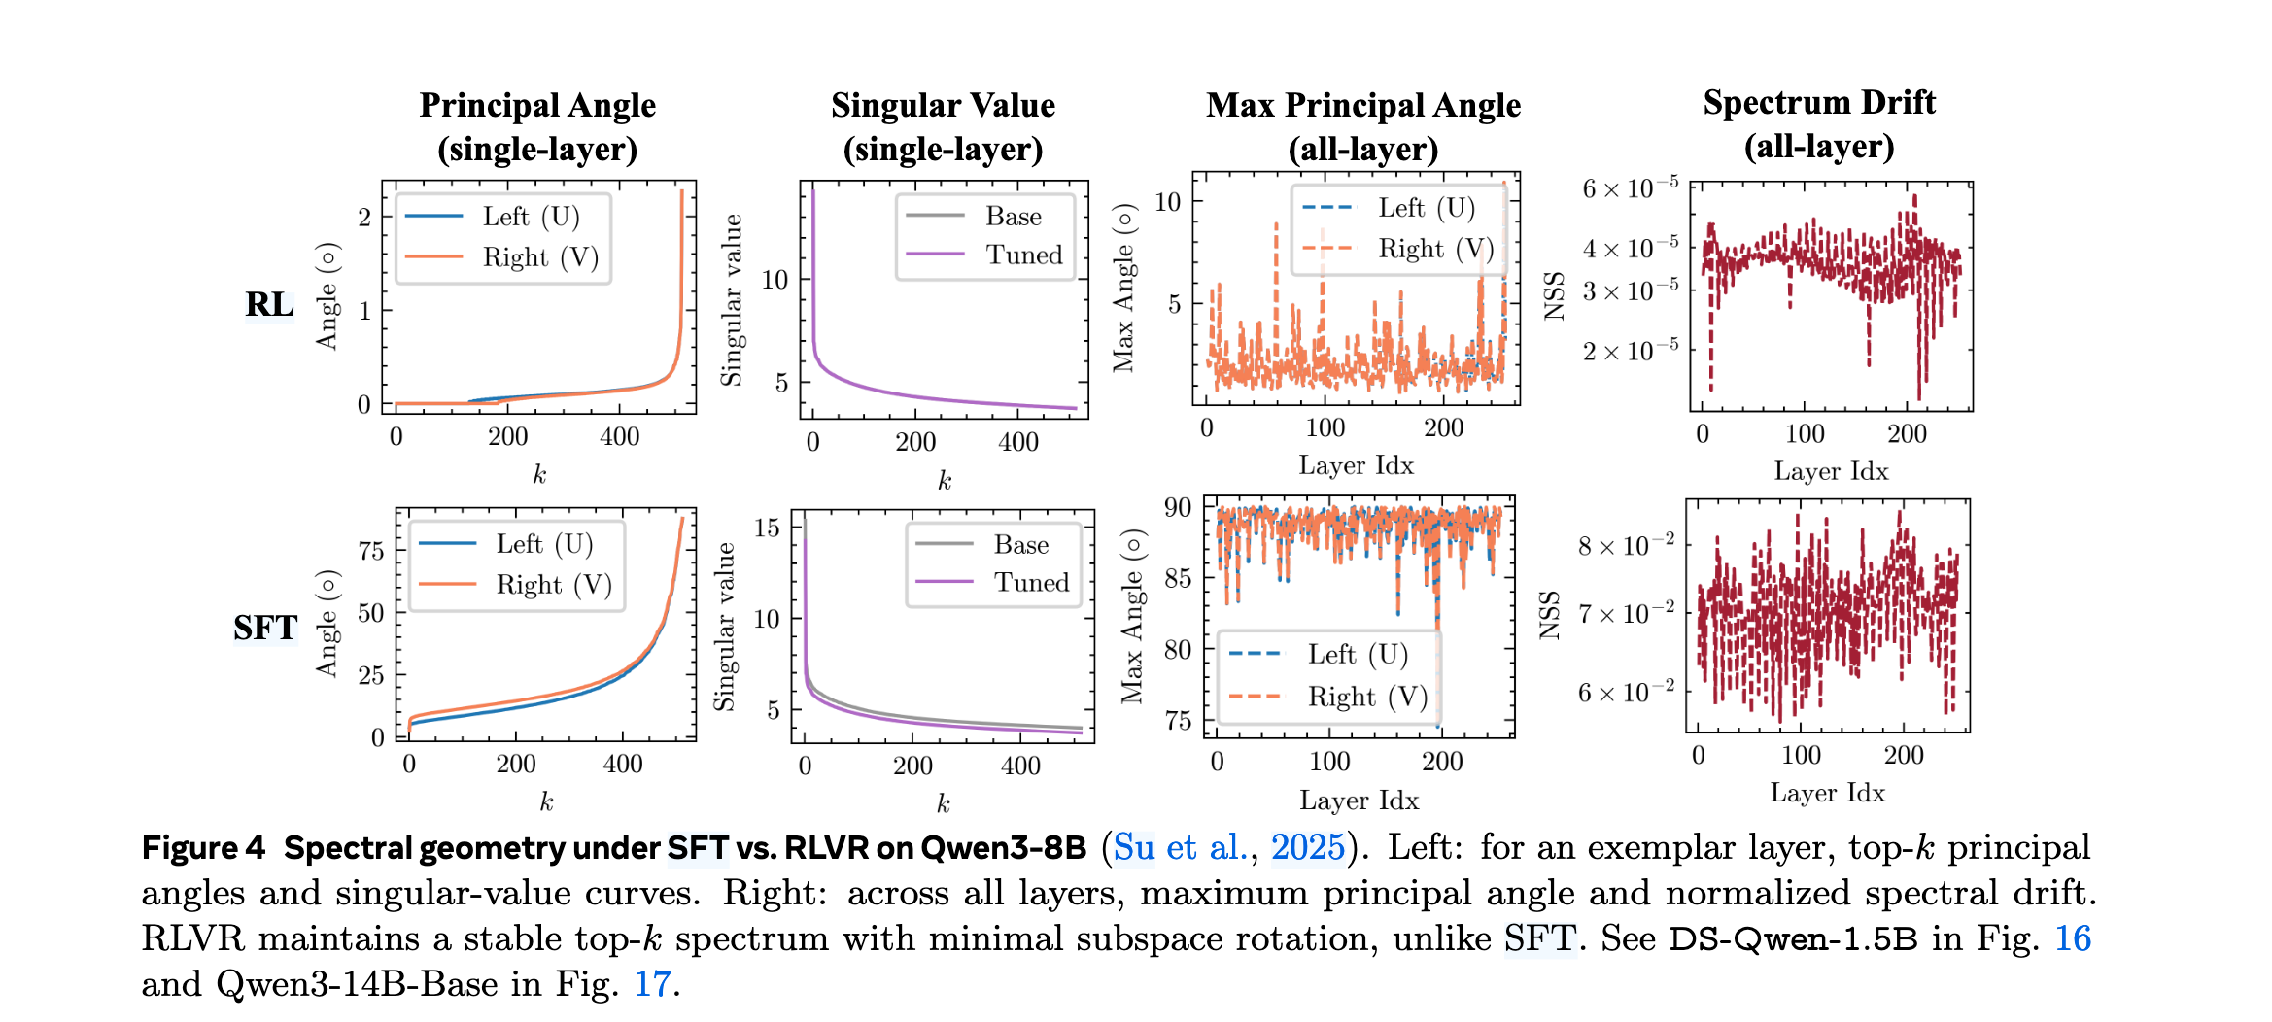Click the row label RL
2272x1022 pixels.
click(x=269, y=304)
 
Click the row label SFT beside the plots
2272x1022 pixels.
click(x=264, y=628)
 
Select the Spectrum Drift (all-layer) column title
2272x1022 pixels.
click(x=1819, y=124)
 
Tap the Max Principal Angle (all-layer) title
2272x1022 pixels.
click(x=1363, y=126)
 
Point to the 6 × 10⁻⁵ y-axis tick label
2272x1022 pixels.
click(x=1630, y=188)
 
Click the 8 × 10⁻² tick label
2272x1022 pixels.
click(x=1626, y=545)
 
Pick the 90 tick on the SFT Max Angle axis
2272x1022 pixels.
click(x=1177, y=507)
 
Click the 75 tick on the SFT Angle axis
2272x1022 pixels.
click(x=371, y=551)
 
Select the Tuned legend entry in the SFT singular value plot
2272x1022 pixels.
click(x=1030, y=582)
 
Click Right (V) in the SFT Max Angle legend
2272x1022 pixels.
click(x=1366, y=697)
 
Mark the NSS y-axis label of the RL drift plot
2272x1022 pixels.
click(x=1555, y=296)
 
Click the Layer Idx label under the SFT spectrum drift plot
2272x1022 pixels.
click(x=1827, y=793)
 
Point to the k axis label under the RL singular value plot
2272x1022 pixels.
click(x=944, y=480)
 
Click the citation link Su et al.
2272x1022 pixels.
click(x=1179, y=847)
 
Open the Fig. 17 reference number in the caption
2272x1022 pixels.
click(x=652, y=983)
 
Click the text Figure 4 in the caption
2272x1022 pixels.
click(x=203, y=847)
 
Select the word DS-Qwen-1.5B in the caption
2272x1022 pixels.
click(x=1793, y=938)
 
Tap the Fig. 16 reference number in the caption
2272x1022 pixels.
click(x=2072, y=938)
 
